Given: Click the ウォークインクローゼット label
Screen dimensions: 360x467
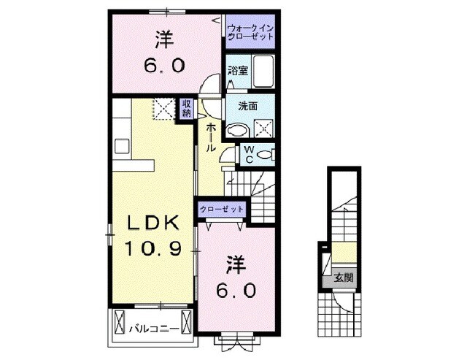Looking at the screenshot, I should pyautogui.click(x=250, y=31).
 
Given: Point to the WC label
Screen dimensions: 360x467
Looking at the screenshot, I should pyautogui.click(x=249, y=155).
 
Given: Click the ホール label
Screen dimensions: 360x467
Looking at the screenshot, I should pyautogui.click(x=211, y=137).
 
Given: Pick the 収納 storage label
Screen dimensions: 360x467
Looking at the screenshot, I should pyautogui.click(x=186, y=108).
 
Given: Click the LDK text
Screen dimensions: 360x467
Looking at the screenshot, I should pyautogui.click(x=150, y=222).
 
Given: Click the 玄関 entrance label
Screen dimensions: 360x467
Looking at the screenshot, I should pyautogui.click(x=343, y=277).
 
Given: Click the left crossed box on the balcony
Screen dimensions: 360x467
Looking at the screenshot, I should pyautogui.click(x=120, y=320).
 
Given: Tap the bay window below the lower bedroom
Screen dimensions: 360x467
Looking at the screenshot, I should pyautogui.click(x=235, y=337).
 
